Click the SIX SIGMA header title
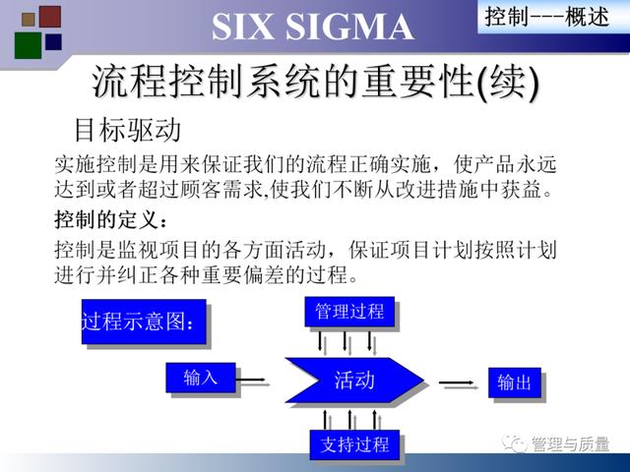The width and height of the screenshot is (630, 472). click(x=313, y=27)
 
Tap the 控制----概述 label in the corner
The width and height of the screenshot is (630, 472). click(x=547, y=17)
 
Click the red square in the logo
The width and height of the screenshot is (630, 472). click(x=50, y=17)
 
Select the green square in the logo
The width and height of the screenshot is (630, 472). click(x=29, y=45)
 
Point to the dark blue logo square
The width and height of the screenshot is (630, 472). click(x=53, y=41)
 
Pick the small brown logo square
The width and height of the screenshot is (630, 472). click(x=29, y=19)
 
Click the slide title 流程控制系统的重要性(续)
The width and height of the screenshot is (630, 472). click(x=315, y=83)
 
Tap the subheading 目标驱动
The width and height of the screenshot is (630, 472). click(x=128, y=130)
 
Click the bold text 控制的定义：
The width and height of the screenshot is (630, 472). click(x=111, y=219)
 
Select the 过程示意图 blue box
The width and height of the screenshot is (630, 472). click(x=144, y=322)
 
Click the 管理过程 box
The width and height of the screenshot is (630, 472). click(x=349, y=312)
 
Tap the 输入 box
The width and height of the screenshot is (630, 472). click(x=201, y=378)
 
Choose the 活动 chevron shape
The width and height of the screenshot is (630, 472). click(x=354, y=380)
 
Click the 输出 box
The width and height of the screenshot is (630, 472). click(x=514, y=383)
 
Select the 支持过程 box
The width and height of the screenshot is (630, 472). click(x=354, y=444)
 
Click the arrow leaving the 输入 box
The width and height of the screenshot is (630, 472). click(x=250, y=380)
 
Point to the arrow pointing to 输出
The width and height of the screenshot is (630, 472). click(x=457, y=383)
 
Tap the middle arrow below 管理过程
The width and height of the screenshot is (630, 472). click(x=345, y=341)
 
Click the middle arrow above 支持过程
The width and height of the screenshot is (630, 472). click(x=349, y=420)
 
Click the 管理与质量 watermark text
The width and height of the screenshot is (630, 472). click(x=570, y=443)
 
